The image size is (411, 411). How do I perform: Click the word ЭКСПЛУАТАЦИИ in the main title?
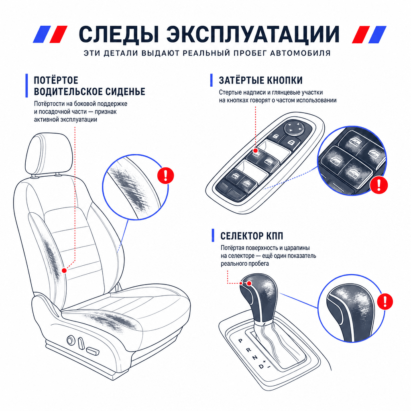pos(252,35)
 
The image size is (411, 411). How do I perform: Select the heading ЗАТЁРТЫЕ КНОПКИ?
pos(260,80)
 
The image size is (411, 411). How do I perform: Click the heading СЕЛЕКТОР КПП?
pos(252,236)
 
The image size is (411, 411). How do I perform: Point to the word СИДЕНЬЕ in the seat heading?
pos(125,92)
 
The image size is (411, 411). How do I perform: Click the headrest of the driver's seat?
pos(49,153)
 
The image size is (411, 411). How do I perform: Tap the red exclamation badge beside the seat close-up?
pos(165,175)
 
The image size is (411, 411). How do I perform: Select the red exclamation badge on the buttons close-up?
pos(378,185)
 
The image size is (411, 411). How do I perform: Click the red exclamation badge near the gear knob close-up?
pos(385,301)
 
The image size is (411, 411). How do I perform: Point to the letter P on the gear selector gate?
pos(240,341)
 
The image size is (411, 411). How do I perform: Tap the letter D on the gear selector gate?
pos(261,366)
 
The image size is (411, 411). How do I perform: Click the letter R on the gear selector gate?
pos(248,350)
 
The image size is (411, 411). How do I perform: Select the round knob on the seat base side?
pos(71,340)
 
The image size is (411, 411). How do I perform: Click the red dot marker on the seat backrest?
pos(64,271)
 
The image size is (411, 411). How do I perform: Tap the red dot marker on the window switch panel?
pos(255,151)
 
